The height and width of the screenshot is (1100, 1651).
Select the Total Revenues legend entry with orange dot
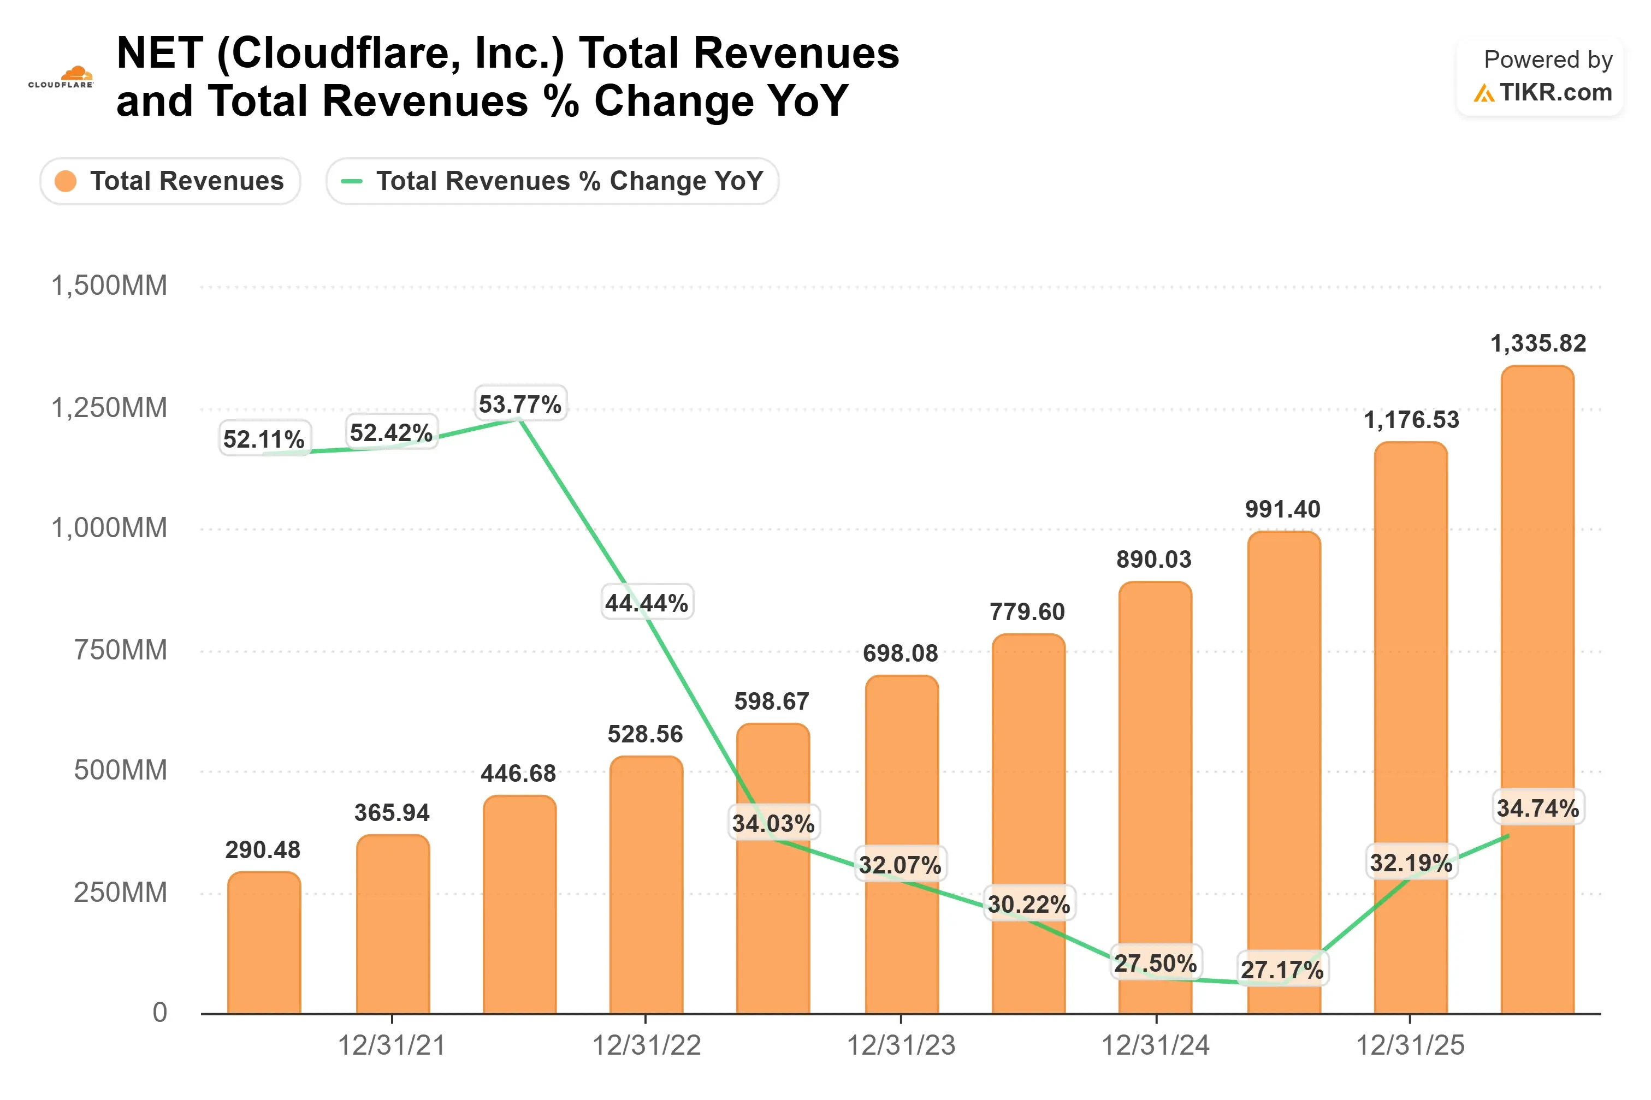(x=170, y=181)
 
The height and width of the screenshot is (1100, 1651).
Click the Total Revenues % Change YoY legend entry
(x=552, y=181)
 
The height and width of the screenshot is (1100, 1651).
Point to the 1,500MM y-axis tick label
(x=109, y=286)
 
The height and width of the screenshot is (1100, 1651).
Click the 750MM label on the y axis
(x=121, y=650)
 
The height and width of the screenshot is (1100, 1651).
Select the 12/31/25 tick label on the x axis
(x=1410, y=1045)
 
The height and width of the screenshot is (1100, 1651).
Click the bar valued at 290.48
(x=264, y=942)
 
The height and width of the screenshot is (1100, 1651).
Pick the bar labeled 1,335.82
(x=1537, y=689)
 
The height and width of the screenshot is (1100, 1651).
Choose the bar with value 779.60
(x=1028, y=824)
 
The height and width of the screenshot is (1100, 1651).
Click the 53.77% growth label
(x=520, y=403)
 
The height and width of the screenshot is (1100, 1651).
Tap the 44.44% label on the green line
(x=647, y=602)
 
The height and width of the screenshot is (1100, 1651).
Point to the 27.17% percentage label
(x=1282, y=970)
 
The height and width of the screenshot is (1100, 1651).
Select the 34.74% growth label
(x=1538, y=807)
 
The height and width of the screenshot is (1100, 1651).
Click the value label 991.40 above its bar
(x=1283, y=509)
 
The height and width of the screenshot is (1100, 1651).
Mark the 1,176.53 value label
(x=1411, y=419)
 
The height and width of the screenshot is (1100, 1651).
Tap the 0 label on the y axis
(x=160, y=1012)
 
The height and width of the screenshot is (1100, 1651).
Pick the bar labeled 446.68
(x=520, y=904)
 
